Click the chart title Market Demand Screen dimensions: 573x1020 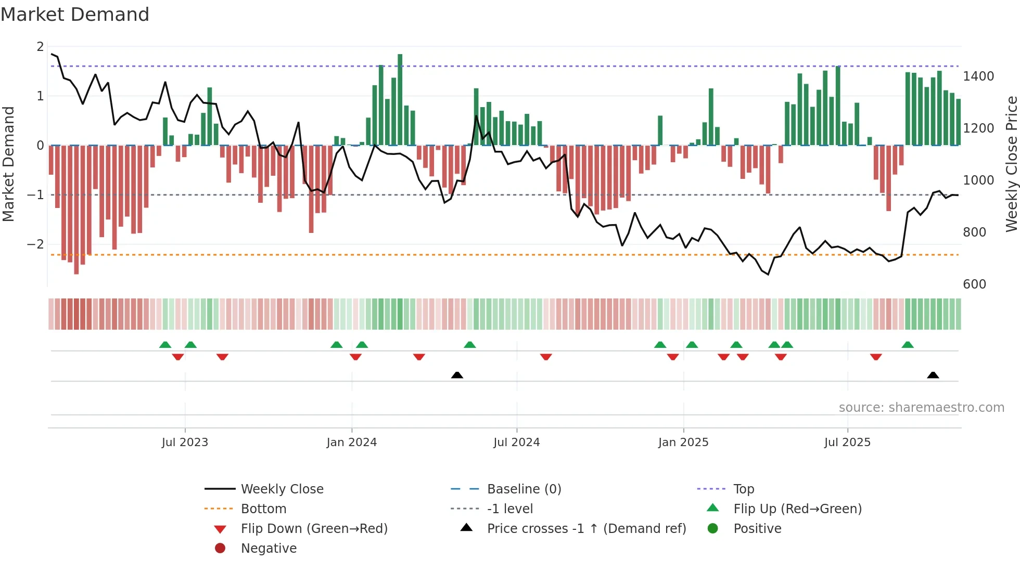(75, 15)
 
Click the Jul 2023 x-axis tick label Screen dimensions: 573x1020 (185, 442)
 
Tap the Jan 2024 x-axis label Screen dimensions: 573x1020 (351, 442)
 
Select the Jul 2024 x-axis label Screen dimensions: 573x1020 (516, 442)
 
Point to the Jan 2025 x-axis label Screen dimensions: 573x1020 (683, 442)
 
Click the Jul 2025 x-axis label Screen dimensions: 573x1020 (847, 442)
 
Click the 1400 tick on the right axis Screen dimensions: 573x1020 (978, 76)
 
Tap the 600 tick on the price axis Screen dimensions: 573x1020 (974, 284)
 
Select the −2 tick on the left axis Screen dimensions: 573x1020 (36, 244)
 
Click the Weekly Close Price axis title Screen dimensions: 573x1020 (1011, 164)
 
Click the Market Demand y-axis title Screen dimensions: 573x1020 (8, 164)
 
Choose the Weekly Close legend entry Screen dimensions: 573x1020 (282, 489)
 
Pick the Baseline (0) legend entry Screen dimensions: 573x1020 (524, 489)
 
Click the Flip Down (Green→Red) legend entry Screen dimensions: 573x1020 (314, 529)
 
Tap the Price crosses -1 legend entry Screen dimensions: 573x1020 (586, 529)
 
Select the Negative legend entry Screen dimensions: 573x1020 (269, 549)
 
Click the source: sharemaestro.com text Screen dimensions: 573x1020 (921, 408)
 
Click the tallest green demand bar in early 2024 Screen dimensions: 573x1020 (400, 99)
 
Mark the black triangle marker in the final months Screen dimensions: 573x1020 (933, 375)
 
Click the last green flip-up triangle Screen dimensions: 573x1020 (908, 345)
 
